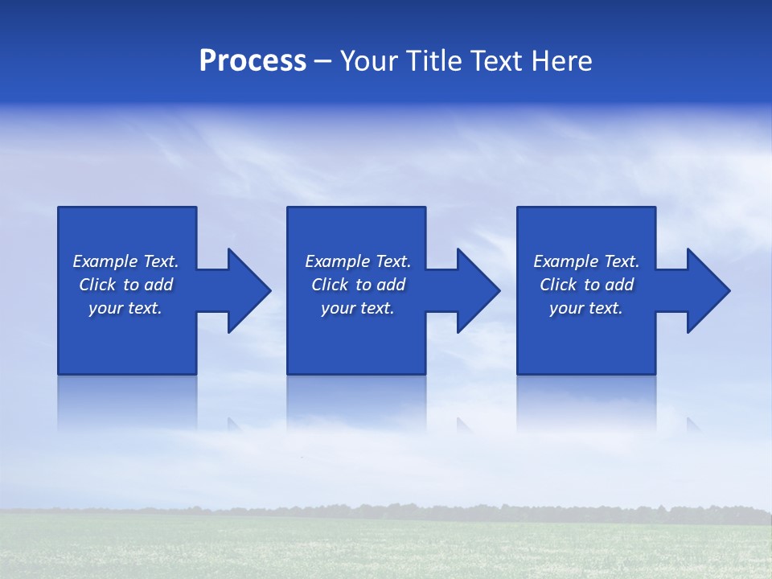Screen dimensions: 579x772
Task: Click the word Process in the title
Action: (253, 61)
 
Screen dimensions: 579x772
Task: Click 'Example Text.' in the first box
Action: (125, 261)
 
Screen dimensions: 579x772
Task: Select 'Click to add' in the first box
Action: (125, 285)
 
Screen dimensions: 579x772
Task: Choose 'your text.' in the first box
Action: (125, 308)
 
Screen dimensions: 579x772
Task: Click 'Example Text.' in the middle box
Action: (358, 261)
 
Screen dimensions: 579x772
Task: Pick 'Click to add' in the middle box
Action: (358, 285)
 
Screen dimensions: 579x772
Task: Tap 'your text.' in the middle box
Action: (358, 308)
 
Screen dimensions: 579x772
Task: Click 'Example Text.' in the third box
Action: (586, 261)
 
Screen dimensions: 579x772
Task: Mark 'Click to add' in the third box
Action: (586, 285)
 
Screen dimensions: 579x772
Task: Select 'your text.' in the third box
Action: (586, 308)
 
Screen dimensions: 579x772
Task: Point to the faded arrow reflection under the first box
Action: (234, 424)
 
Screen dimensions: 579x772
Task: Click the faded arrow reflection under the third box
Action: (692, 424)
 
